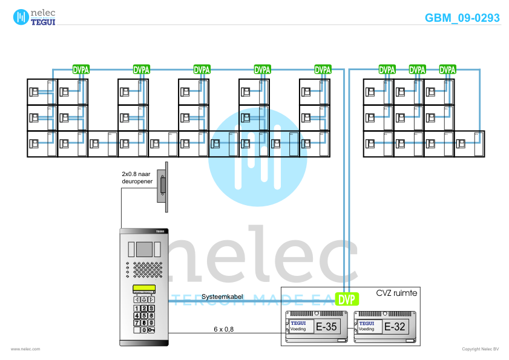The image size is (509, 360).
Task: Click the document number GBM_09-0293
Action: tap(462, 18)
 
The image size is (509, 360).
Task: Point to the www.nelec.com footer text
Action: tap(25, 349)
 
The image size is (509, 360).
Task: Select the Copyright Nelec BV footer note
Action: tap(481, 349)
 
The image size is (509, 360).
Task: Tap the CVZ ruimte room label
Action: tap(396, 293)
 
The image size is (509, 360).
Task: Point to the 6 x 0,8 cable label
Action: tap(223, 329)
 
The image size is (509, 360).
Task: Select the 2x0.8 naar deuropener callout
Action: tap(136, 177)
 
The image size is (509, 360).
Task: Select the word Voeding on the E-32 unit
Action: tap(366, 329)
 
